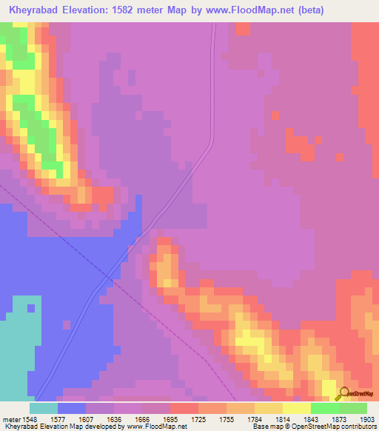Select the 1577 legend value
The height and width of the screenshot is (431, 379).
(x=71, y=418)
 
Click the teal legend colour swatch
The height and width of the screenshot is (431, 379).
(x=44, y=408)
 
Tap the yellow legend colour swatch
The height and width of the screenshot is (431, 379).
(x=296, y=408)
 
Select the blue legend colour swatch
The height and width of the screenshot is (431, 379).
(x=72, y=408)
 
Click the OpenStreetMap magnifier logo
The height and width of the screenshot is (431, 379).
(x=343, y=394)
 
